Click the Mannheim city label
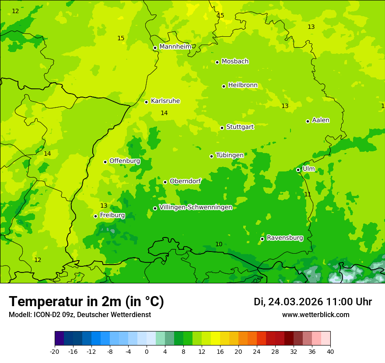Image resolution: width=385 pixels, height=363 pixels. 175,46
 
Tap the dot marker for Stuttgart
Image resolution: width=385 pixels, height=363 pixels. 222,128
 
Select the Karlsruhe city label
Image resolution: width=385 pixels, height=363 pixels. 165,101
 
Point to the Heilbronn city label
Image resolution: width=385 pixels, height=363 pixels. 243,85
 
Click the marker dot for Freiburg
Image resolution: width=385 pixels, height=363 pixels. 95,216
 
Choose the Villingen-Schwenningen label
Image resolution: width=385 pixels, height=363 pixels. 196,207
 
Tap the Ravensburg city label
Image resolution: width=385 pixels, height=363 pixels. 285,238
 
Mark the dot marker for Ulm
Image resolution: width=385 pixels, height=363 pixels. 298,170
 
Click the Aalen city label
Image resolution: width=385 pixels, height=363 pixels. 321,120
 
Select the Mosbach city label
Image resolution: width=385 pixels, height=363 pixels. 235,61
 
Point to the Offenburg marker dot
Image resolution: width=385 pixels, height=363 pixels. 105,162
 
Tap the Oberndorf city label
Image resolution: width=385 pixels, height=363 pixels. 185,181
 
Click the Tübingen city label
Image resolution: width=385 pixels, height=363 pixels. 230,155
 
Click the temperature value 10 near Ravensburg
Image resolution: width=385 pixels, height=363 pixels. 219,244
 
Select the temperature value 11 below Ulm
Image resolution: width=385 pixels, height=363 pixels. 308,194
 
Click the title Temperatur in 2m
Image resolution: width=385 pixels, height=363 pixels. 86,302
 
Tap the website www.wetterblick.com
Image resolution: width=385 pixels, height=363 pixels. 315,315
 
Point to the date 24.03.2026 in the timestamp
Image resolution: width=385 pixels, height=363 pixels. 295,302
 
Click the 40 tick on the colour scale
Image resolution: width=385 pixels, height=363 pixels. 330,351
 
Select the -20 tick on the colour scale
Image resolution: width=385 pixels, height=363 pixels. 55,351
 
